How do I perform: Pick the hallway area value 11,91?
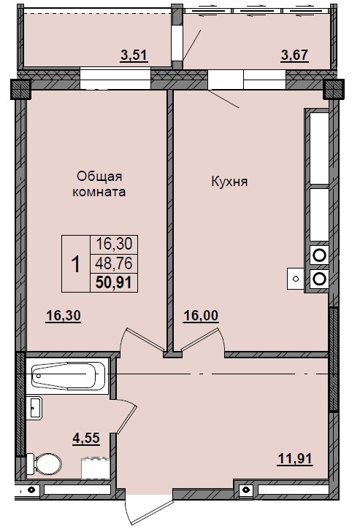click(296, 459)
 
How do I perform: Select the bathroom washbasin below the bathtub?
click(35, 407)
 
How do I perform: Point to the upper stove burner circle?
click(318, 255)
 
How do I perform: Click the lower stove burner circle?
click(318, 278)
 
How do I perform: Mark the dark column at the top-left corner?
click(20, 89)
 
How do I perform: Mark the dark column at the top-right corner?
click(333, 89)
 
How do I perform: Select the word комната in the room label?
click(99, 193)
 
